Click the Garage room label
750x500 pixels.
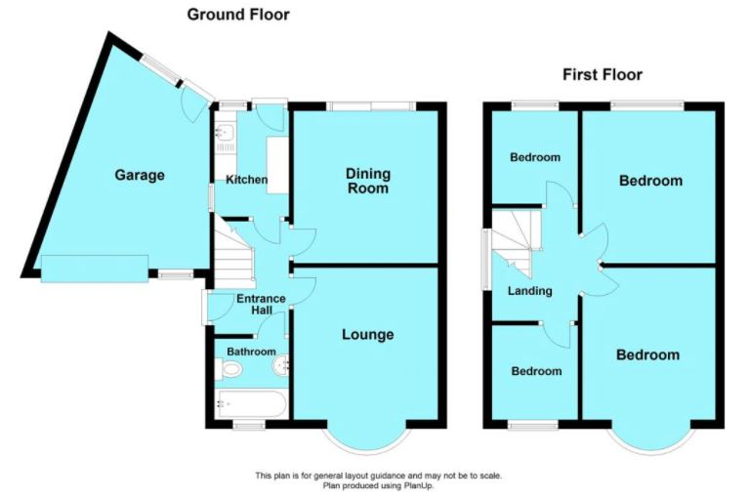click(x=140, y=175)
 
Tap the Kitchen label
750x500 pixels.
click(x=246, y=180)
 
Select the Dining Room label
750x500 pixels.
click(x=368, y=181)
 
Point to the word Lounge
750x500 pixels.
click(x=368, y=334)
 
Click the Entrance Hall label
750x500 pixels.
click(x=261, y=305)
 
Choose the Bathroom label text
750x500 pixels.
click(x=251, y=352)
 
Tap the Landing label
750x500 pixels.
click(x=530, y=291)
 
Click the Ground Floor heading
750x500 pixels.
click(x=238, y=15)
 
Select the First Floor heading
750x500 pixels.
click(x=603, y=74)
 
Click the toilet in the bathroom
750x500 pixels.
click(x=229, y=369)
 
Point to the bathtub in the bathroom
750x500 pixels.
click(x=252, y=404)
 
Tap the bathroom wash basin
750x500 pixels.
click(x=281, y=366)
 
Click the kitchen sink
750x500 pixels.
click(x=224, y=132)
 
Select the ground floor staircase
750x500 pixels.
click(x=232, y=252)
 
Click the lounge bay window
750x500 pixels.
click(x=367, y=439)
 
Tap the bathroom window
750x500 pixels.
click(x=249, y=425)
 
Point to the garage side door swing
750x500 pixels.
click(x=195, y=105)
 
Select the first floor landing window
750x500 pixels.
click(x=485, y=260)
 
